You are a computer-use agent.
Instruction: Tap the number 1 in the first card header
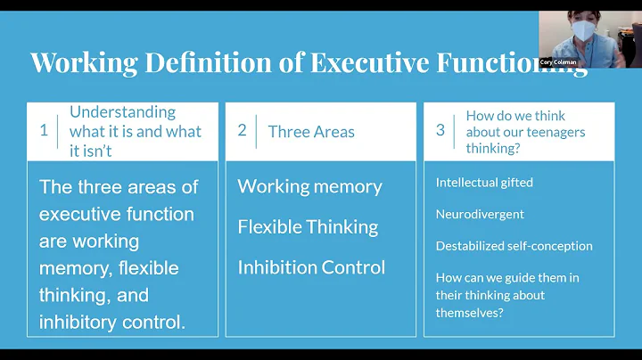point(44,130)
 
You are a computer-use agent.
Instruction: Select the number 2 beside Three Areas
point(242,130)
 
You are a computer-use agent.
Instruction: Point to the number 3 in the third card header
point(440,130)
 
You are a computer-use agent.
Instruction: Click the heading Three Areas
point(311,132)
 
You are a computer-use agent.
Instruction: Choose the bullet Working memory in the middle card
point(309,187)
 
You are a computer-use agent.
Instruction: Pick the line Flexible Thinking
point(308,227)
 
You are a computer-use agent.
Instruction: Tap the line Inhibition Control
point(311,267)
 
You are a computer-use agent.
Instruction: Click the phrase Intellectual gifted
point(484,183)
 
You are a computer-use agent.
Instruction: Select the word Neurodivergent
point(480,214)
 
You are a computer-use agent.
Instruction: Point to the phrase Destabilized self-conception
point(514,246)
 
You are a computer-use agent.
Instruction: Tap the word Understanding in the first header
point(122,112)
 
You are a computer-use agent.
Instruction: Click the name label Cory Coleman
point(558,62)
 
